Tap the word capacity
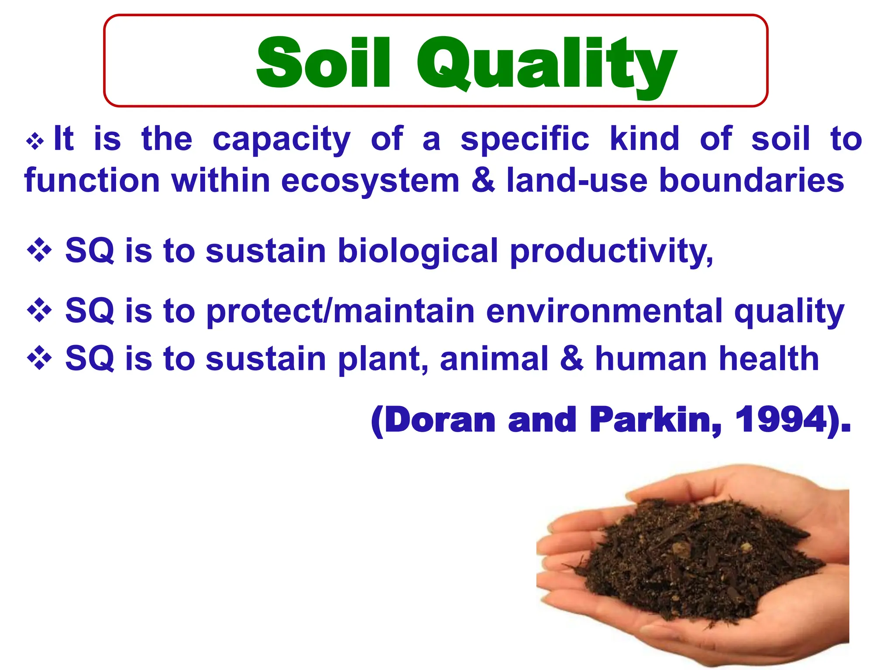click(282, 140)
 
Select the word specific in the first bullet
click(525, 140)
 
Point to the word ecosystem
click(370, 181)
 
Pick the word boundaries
click(751, 181)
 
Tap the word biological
click(418, 251)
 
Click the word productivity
click(611, 252)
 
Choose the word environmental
click(605, 311)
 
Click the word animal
click(494, 359)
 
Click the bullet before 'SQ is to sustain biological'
click(39, 250)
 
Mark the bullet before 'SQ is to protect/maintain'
click(39, 310)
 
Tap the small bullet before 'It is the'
click(35, 141)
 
